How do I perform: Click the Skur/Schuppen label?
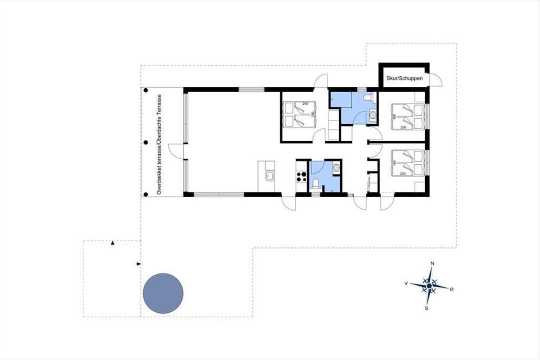[405, 78]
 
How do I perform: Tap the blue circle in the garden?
[163, 293]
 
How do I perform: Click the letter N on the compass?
[432, 263]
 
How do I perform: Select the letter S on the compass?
[427, 308]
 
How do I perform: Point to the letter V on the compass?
[406, 283]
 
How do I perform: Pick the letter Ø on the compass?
[451, 289]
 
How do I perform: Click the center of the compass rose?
[429, 286]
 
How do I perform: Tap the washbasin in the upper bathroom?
[373, 115]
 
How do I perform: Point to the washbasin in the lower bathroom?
[336, 167]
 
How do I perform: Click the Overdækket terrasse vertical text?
[159, 144]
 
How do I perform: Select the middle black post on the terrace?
[146, 143]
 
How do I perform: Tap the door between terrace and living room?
[176, 151]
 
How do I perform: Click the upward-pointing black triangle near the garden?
[112, 243]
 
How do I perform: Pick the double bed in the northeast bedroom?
[408, 117]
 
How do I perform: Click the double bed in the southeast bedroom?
[408, 163]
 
